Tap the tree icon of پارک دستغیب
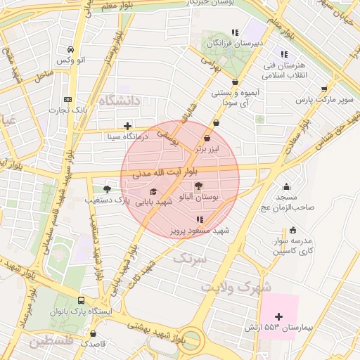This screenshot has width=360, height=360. (x=107, y=188)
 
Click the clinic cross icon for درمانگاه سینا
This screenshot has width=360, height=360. (x=127, y=127)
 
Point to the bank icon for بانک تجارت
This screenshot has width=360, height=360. (x=67, y=100)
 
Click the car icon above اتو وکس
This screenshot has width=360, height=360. (x=71, y=50)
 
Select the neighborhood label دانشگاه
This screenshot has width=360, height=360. (x=120, y=102)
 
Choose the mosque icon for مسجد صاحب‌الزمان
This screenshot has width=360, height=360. (x=286, y=187)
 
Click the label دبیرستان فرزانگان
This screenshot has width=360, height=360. (x=234, y=44)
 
